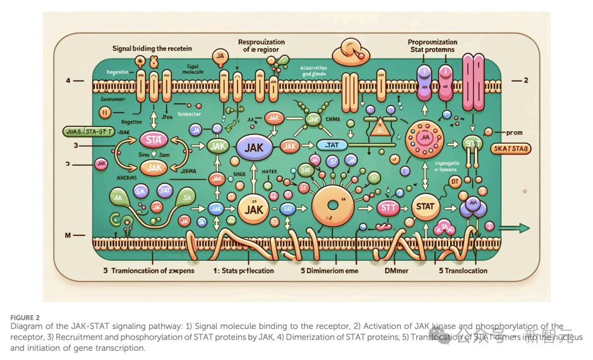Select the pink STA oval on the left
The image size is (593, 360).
153,140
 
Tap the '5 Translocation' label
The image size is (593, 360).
462,271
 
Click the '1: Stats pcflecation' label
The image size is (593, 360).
243,271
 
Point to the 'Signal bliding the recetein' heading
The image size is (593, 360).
152,48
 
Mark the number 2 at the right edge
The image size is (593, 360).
525,80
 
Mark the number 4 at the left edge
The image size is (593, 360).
68,81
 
